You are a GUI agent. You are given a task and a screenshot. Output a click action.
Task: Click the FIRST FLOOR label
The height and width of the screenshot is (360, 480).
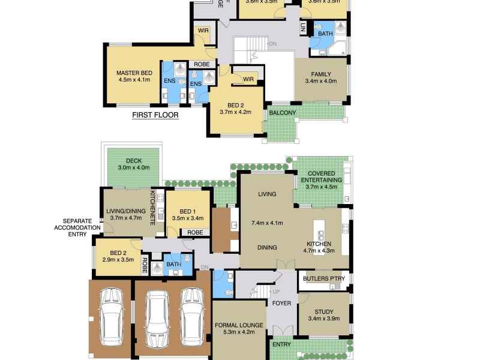[155, 115]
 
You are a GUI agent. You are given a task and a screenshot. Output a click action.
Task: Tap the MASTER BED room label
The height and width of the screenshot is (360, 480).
[134, 73]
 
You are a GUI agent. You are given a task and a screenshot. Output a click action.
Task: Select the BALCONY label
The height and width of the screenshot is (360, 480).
[282, 113]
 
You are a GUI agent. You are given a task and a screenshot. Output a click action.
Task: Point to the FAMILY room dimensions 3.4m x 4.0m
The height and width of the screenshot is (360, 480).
[321, 82]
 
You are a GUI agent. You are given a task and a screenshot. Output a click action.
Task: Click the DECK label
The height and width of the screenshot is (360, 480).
[133, 160]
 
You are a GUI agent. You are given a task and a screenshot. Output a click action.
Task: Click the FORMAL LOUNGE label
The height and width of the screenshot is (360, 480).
[239, 325]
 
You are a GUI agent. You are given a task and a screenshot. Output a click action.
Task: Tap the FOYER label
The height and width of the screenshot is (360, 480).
[281, 303]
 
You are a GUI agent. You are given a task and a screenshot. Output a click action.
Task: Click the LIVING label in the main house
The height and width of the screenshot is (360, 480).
[267, 194]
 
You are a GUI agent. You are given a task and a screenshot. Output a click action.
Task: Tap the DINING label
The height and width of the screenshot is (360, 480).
[267, 247]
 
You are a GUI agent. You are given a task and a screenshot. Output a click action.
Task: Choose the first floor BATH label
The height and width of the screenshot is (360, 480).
[325, 34]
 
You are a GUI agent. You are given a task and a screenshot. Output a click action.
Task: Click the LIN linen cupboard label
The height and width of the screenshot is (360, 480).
[303, 27]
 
